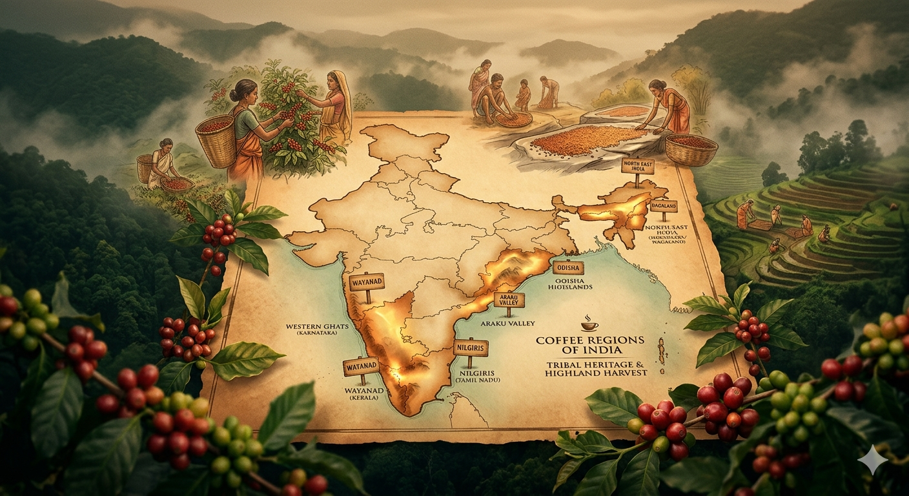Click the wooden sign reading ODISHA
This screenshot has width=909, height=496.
click(568, 267)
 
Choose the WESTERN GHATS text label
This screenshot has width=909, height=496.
click(316, 327)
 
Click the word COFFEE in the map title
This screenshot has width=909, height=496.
click(562, 340)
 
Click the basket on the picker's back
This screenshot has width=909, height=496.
click(215, 139)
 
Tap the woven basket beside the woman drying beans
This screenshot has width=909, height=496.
click(691, 149)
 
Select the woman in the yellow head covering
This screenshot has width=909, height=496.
click(335, 107)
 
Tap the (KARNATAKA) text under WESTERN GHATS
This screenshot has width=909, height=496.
click(317, 335)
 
